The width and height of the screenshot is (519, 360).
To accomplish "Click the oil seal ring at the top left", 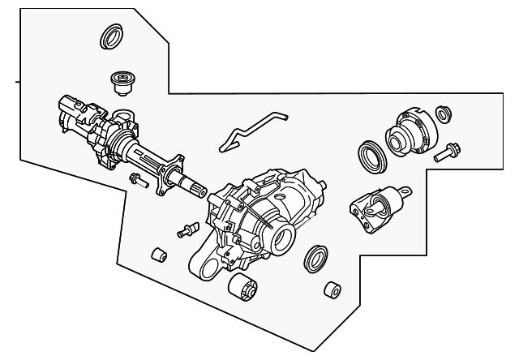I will pyautogui.click(x=110, y=38).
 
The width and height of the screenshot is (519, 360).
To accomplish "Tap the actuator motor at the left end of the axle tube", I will pyautogui.click(x=74, y=114).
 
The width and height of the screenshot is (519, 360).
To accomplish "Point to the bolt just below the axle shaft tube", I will pyautogui.click(x=137, y=179).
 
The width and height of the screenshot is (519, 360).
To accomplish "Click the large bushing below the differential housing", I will pyautogui.click(x=242, y=287).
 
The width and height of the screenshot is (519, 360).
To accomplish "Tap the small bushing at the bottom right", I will pyautogui.click(x=331, y=292).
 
